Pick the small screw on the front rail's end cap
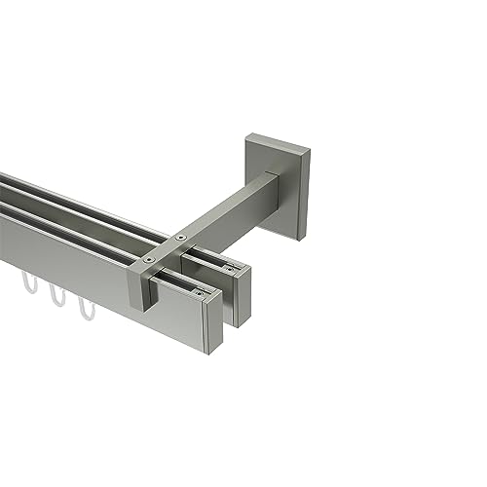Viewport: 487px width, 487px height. click(x=200, y=289)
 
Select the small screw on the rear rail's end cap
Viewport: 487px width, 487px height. click(x=230, y=265)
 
